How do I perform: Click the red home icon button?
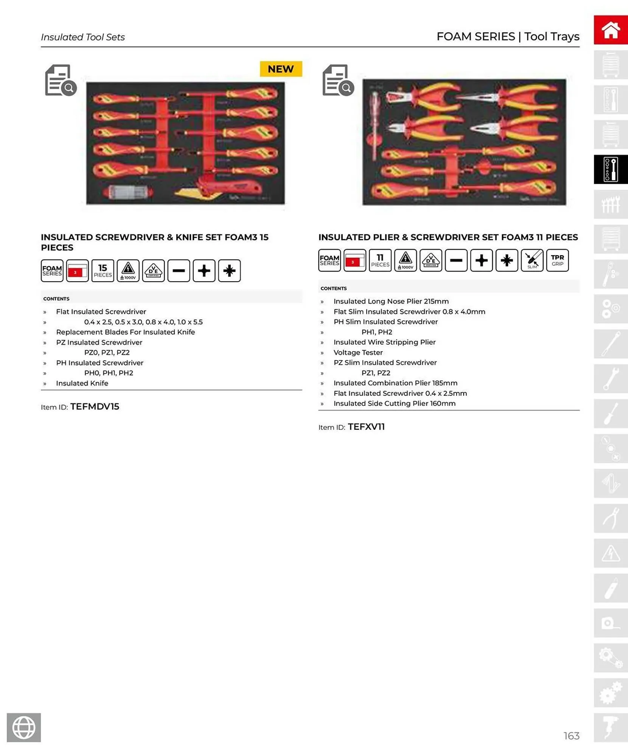[x=610, y=30]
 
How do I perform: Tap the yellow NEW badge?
[x=281, y=69]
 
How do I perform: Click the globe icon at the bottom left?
[x=24, y=727]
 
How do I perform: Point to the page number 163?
[x=571, y=736]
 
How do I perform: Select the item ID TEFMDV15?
[x=95, y=407]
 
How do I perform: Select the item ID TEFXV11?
[x=366, y=427]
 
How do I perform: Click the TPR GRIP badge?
[x=557, y=260]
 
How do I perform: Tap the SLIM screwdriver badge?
[x=532, y=260]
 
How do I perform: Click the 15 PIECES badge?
[x=103, y=271]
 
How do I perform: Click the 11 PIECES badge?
[x=380, y=260]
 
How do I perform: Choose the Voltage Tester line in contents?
[x=358, y=352]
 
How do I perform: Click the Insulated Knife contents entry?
[x=82, y=383]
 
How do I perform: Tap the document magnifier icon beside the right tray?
[x=338, y=80]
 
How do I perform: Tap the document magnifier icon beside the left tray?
[x=61, y=80]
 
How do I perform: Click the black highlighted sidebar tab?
[x=610, y=169]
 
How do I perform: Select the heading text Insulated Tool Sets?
[x=83, y=37]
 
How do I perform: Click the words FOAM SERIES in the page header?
[x=475, y=37]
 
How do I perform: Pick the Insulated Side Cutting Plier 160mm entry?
[x=394, y=403]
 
